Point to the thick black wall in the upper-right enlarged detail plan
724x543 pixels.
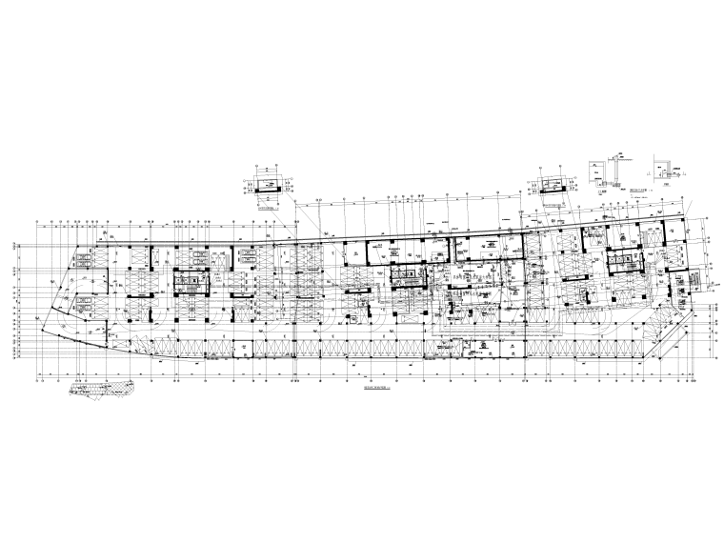[551, 189]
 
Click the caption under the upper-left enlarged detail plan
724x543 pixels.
[270, 204]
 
